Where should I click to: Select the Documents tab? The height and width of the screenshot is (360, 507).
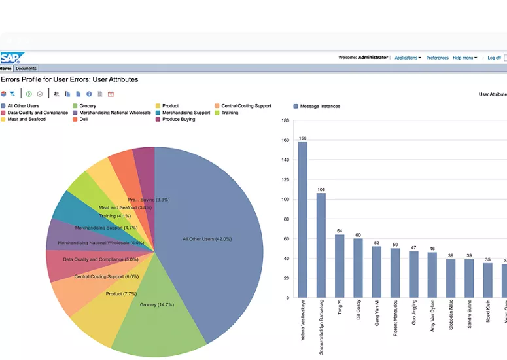26,69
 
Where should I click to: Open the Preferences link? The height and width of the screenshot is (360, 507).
437,58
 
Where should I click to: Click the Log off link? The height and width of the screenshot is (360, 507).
494,58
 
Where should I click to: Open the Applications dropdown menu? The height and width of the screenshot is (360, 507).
408,58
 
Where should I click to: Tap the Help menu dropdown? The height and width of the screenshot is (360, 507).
464,58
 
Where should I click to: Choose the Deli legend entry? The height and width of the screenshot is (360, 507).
83,120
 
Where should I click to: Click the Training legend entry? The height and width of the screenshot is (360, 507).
230,113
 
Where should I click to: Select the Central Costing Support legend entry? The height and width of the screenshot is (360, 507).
246,106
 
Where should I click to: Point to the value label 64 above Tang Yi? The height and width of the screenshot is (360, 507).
340,231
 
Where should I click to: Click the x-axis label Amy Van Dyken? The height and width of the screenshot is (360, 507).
432,315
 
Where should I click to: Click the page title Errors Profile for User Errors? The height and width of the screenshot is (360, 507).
69,79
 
